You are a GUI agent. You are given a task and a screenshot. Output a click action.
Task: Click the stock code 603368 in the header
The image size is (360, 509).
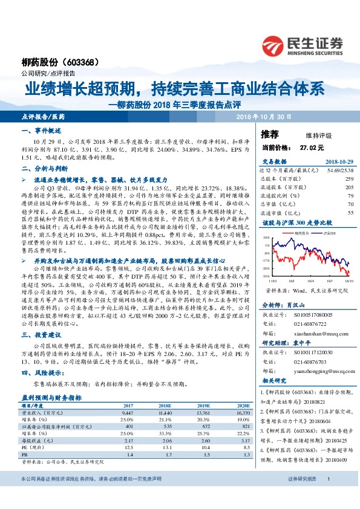coord(83,63)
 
